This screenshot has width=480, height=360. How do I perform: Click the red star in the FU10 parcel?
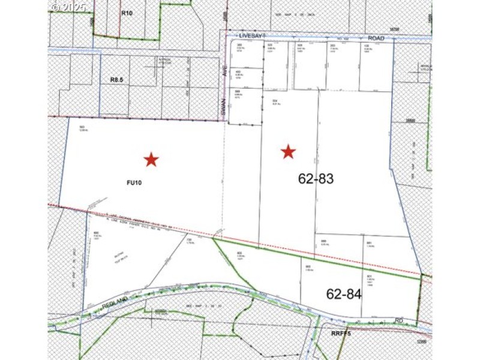click(x=151, y=159)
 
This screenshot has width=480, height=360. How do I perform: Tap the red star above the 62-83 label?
click(x=289, y=152)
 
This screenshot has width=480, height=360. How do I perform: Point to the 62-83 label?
click(x=316, y=178)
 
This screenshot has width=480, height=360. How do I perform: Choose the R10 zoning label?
click(x=126, y=12)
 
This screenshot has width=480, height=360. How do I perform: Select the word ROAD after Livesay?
click(x=376, y=38)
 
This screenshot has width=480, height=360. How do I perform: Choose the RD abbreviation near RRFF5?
click(x=399, y=320)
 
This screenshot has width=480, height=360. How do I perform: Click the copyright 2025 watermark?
click(x=68, y=7)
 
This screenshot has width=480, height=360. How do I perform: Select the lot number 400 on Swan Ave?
click(x=238, y=72)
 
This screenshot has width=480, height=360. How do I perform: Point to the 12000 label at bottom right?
click(x=424, y=341)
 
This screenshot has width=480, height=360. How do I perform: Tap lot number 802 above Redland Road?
click(x=308, y=266)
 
